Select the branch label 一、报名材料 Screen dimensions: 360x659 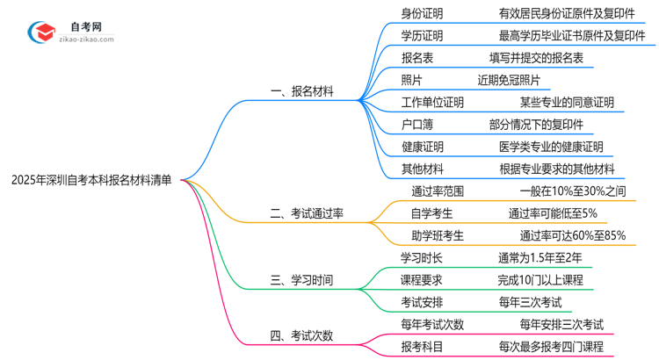tap(301, 90)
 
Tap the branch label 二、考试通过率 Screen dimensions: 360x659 tap(308, 213)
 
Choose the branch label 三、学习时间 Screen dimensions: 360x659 tap(301, 281)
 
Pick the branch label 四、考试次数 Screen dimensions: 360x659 tap(301, 335)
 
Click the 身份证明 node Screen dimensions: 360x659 tap(422, 13)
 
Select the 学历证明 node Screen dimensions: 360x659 tap(422, 36)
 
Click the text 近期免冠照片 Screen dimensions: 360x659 tap(509, 80)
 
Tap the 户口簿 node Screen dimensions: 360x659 tap(416, 125)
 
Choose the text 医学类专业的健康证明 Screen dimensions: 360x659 tap(551, 147)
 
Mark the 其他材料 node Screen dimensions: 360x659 tap(422, 169)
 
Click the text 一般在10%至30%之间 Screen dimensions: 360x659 tap(572, 191)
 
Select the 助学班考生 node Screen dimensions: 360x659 tap(437, 235)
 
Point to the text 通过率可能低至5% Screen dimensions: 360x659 tap(553, 213)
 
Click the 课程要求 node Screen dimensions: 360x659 tap(422, 281)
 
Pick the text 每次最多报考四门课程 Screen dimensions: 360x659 tap(551, 347)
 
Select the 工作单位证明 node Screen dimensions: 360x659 tap(432, 102)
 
